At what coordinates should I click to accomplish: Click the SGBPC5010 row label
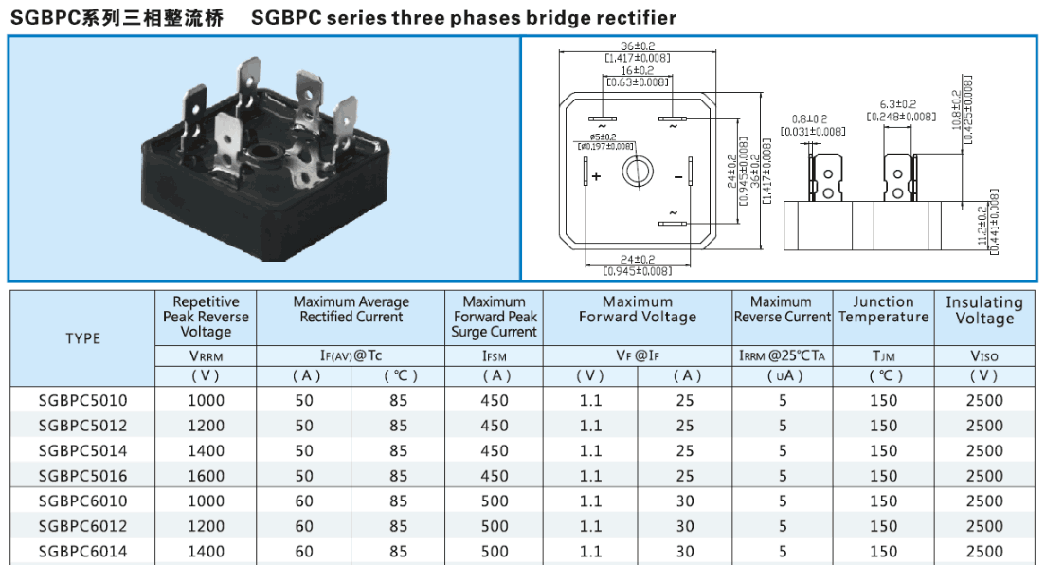pos(83,400)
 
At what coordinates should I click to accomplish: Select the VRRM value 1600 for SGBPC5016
pos(207,476)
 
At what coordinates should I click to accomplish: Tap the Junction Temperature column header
pos(883,309)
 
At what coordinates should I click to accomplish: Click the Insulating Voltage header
pos(984,310)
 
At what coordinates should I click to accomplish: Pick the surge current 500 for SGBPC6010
pos(495,501)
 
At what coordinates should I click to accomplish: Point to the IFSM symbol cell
pos(495,356)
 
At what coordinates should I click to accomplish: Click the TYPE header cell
pos(83,338)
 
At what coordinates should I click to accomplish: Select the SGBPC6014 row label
pos(83,551)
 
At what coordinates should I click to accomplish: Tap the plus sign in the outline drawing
pos(596,176)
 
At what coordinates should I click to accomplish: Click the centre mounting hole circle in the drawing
pos(637,172)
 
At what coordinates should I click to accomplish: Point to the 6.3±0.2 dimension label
pos(897,104)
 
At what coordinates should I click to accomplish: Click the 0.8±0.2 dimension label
pos(811,119)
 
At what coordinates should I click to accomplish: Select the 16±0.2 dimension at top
pos(638,70)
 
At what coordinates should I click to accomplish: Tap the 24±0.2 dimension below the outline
pos(638,260)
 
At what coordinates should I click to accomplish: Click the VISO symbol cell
pos(984,356)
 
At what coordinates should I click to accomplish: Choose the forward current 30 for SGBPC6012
pos(685,526)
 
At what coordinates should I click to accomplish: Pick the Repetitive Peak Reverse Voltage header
pos(207,317)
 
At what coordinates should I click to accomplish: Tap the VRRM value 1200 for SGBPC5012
pos(207,426)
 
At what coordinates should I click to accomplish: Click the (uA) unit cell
pos(783,375)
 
